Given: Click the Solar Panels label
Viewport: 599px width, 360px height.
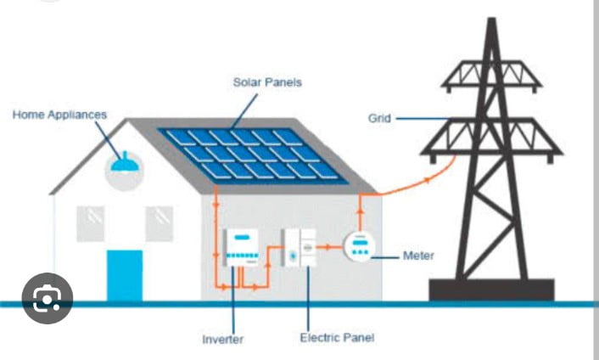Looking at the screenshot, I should pyautogui.click(x=267, y=82).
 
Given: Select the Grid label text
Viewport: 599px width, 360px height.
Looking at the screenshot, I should pyautogui.click(x=378, y=118).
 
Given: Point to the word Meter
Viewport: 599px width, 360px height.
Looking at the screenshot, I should pyautogui.click(x=417, y=255).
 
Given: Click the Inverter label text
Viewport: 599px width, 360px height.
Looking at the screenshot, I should pyautogui.click(x=223, y=340).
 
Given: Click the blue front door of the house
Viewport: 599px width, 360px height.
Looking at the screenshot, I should pyautogui.click(x=125, y=274).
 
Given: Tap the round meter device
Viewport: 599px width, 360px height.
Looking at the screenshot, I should pyautogui.click(x=360, y=247).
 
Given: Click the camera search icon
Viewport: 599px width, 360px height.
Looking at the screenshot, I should pyautogui.click(x=47, y=297).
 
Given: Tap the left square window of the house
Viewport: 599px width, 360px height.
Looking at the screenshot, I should pyautogui.click(x=91, y=222).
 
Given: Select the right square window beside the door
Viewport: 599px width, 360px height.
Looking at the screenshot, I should pyautogui.click(x=159, y=222).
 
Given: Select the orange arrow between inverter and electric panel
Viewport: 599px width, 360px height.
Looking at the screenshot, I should pyautogui.click(x=268, y=259).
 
